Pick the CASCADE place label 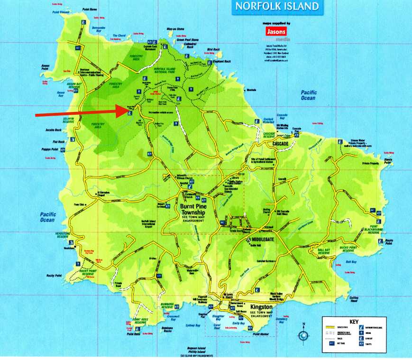[x=281, y=143]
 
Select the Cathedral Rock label [x=191, y=46]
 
